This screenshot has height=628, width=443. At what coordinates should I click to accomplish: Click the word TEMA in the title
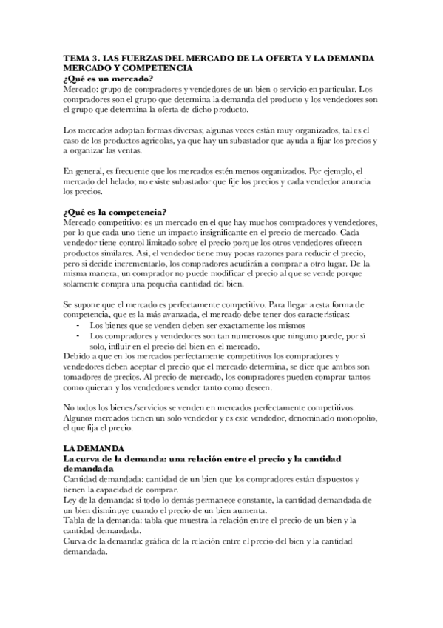[75, 58]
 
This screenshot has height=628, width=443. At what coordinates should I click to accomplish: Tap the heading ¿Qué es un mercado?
[108, 78]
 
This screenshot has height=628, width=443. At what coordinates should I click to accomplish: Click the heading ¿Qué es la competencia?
[115, 213]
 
